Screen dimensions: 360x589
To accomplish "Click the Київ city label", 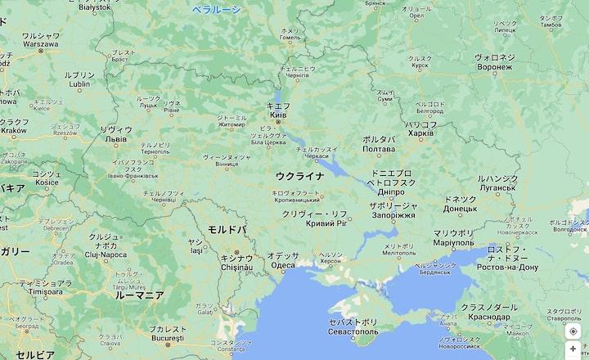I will click(x=278, y=115).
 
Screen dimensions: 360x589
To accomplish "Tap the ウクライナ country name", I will click(x=299, y=176).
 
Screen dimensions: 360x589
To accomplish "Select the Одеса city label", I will click(x=283, y=265).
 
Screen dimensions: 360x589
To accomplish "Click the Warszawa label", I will click(x=40, y=45).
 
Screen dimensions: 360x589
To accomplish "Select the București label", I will click(x=169, y=338).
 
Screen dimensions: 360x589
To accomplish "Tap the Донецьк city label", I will click(x=460, y=208).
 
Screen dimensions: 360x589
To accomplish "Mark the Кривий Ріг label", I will click(x=326, y=223).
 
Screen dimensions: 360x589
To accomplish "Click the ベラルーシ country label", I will click(x=216, y=10).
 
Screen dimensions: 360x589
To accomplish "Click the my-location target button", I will click(x=573, y=331).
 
